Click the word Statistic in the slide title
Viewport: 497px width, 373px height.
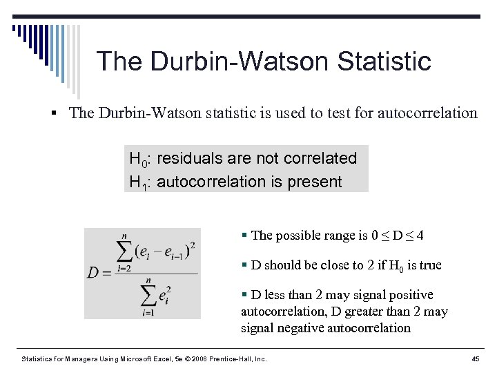384,61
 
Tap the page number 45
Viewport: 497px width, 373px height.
475,358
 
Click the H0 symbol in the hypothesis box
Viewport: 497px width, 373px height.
137,159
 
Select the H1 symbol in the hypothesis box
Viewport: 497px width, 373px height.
137,182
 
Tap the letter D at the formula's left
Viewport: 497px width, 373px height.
93,272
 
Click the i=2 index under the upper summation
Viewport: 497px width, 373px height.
123,269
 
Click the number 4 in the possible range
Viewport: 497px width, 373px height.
420,236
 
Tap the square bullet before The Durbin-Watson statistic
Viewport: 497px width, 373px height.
60,113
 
